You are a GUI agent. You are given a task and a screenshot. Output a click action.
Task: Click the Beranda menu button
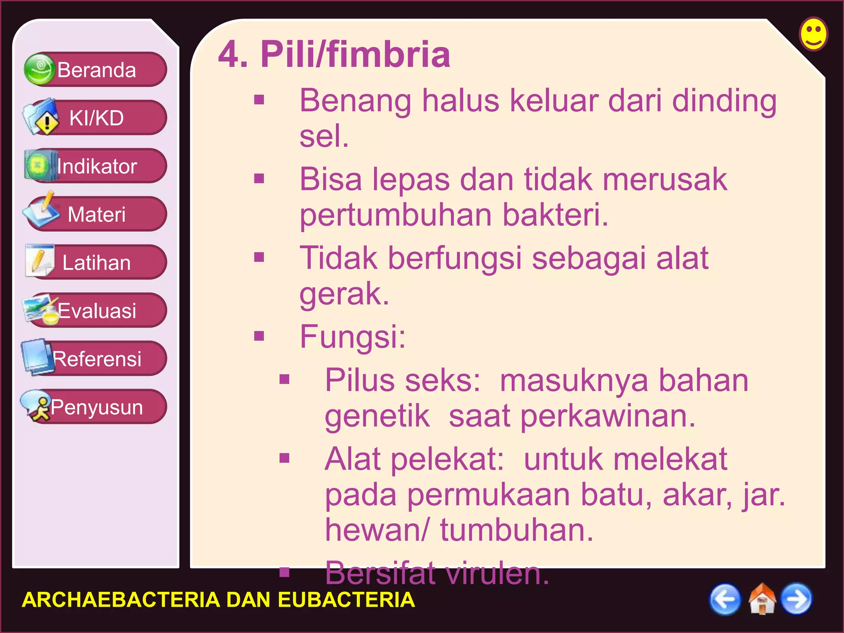(96, 70)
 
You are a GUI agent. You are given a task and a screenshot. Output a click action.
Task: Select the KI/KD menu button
(96, 118)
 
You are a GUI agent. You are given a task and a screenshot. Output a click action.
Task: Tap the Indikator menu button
(96, 166)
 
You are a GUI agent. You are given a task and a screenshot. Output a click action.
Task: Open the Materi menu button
(96, 214)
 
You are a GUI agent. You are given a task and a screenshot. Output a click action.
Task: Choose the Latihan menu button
(96, 263)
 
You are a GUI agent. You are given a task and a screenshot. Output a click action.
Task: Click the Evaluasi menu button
(96, 311)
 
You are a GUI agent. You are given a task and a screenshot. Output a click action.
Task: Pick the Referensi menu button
(96, 359)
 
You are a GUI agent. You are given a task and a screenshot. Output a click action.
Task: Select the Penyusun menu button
(96, 407)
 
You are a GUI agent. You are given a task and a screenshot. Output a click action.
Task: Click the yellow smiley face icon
(813, 34)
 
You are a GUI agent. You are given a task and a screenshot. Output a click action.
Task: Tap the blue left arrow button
(724, 599)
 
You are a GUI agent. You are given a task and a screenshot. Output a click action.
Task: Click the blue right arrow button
(796, 599)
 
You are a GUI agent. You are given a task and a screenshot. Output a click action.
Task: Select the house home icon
(762, 599)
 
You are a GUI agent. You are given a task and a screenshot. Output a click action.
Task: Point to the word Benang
(355, 101)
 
